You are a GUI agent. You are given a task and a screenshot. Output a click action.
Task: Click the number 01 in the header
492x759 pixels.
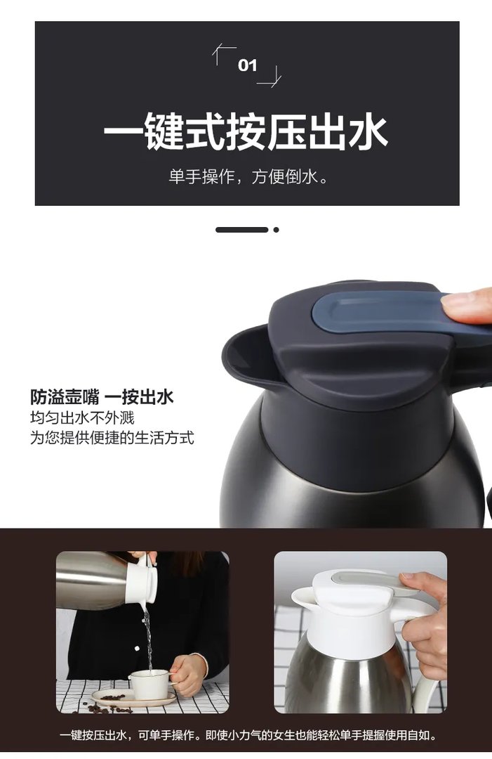[248, 66]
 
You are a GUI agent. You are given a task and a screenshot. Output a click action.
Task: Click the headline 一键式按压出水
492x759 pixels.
[246, 132]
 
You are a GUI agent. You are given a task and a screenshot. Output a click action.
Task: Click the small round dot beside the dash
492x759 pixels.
[277, 230]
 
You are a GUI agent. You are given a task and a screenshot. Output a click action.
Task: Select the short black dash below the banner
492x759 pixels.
[241, 230]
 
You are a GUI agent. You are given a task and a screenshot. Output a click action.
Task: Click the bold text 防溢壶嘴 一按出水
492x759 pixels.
[102, 397]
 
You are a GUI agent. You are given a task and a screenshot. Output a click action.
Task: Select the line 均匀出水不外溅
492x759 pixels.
[82, 418]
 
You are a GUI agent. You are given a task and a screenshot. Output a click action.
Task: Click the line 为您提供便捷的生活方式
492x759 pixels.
[112, 439]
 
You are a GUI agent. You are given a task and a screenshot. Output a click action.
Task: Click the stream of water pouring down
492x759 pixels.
[147, 636]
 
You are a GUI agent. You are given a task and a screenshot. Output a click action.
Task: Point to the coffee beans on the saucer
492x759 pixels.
[113, 699]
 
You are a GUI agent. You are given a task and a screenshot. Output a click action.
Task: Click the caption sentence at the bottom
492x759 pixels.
[248, 736]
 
